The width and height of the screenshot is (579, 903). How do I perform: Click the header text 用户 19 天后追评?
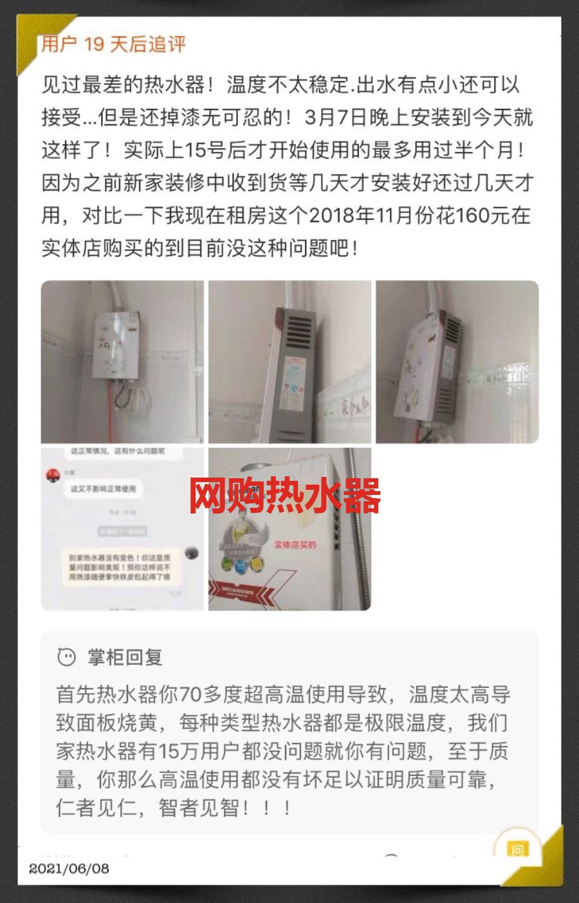(114, 44)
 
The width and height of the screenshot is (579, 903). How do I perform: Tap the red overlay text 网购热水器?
(284, 496)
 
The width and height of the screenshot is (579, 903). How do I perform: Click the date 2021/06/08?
(69, 868)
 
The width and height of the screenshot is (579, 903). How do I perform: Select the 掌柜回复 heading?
(125, 657)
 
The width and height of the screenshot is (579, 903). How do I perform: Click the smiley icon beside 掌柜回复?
(66, 657)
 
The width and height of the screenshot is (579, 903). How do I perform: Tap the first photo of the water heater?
(122, 362)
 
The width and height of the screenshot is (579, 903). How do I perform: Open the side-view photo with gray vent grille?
(289, 362)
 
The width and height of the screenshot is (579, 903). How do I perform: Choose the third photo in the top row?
(457, 362)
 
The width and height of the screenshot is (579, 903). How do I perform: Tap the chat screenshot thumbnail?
(122, 529)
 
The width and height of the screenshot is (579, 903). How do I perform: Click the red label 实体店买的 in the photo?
(295, 545)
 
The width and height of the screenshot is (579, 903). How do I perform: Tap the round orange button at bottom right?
(517, 850)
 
